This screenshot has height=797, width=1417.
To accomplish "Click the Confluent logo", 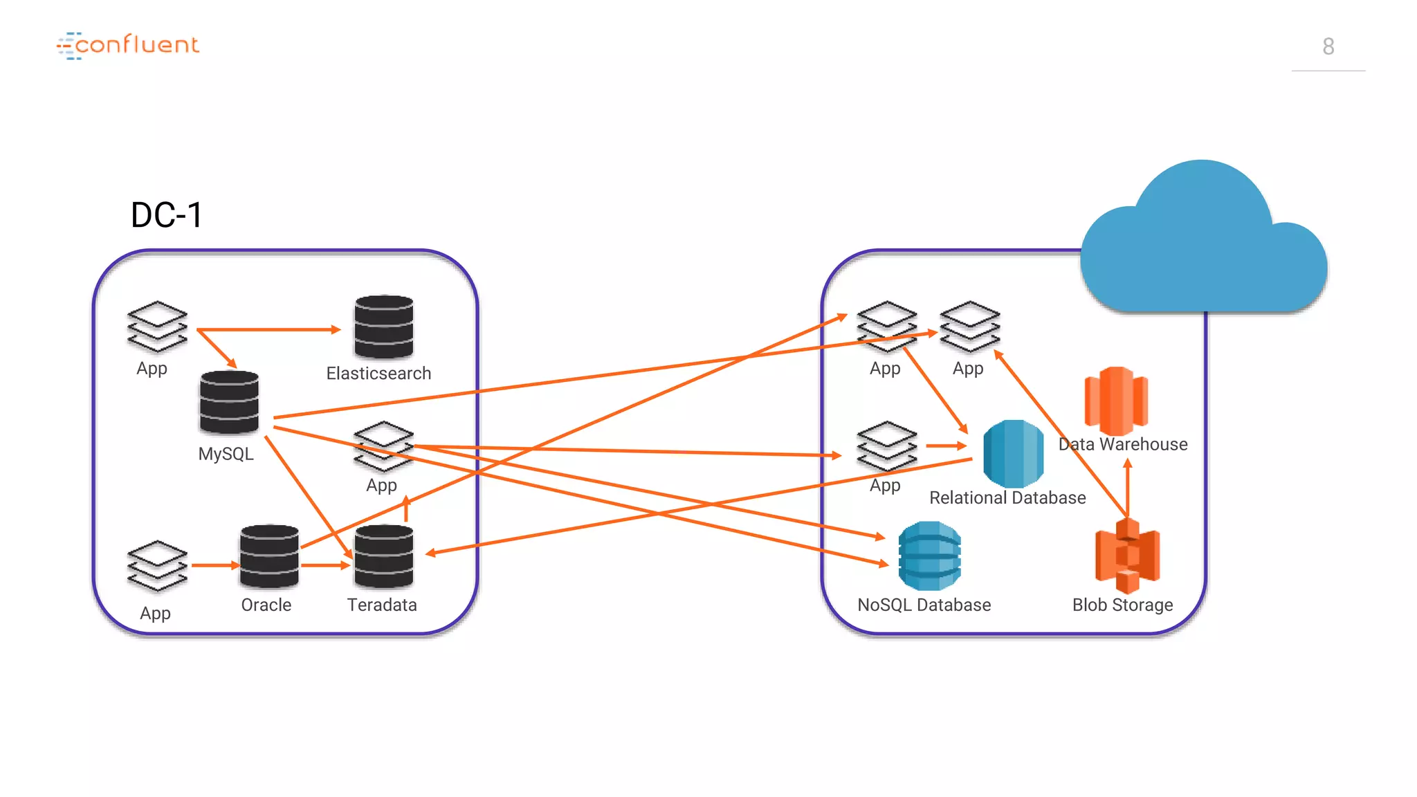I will (x=128, y=46).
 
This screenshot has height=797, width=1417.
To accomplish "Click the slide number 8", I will (x=1328, y=46).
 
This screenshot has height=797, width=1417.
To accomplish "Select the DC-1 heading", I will (x=166, y=214).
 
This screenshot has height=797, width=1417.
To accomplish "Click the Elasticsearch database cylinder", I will (x=383, y=327).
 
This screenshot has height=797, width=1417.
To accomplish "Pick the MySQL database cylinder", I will (x=229, y=402).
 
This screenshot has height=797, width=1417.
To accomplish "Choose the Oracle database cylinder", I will (x=269, y=556).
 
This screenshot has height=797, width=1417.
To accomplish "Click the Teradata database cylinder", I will (x=383, y=556).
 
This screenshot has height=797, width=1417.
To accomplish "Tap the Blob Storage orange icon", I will (x=1127, y=556).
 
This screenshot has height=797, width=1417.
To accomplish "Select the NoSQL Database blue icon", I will (x=929, y=556).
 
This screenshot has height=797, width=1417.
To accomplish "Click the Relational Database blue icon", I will (x=1013, y=454).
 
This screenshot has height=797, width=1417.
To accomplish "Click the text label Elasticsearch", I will (x=378, y=374).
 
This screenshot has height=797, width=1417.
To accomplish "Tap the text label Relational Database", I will (x=1007, y=497).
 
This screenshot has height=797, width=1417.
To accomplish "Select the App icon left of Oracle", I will (x=157, y=566).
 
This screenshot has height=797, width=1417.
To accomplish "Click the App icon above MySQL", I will (x=157, y=327).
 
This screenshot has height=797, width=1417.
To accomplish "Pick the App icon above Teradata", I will (x=383, y=446).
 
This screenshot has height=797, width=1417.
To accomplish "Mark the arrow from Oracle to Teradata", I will (x=325, y=565).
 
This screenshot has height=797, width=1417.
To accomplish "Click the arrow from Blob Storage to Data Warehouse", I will (x=1127, y=488).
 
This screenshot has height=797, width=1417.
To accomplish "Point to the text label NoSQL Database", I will (x=924, y=605).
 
